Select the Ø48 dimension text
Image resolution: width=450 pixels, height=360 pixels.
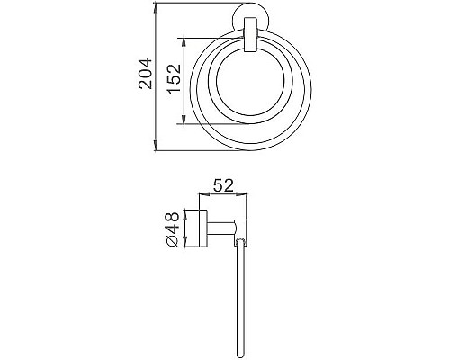click(x=171, y=229)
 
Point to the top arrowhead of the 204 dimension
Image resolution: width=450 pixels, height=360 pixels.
click(x=158, y=10)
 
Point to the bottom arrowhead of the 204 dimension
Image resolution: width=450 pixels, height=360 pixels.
click(x=158, y=149)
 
